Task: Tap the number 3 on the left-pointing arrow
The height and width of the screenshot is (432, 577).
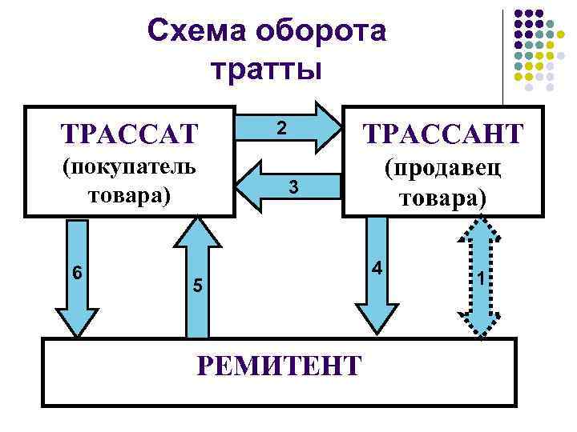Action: point(294,187)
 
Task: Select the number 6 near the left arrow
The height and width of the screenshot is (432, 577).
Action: point(77,271)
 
